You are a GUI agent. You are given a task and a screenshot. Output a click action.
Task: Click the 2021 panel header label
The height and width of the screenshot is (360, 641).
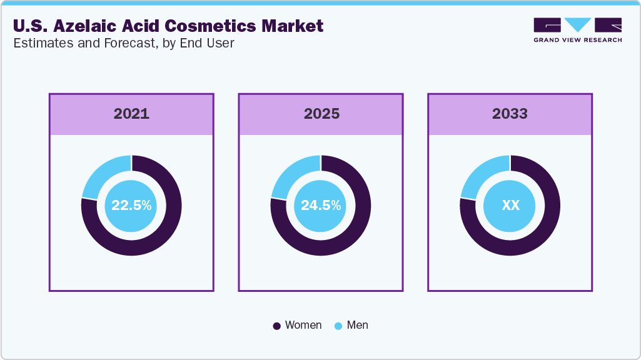point(131,114)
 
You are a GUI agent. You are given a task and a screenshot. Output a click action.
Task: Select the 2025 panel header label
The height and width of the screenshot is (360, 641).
point(321,114)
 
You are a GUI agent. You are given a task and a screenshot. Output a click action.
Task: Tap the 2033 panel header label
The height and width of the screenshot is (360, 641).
point(510,114)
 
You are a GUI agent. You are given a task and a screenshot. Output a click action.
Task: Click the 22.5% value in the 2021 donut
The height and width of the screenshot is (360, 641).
point(131,205)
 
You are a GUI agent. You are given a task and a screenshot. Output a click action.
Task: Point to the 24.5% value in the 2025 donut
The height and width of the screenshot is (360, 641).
point(321,205)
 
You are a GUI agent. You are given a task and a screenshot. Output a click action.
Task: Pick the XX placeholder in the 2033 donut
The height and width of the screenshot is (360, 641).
point(510,205)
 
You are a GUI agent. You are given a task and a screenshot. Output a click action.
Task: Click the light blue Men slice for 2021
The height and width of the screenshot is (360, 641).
point(103,176)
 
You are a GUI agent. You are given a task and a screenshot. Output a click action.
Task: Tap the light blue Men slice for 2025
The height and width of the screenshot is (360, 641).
point(291,176)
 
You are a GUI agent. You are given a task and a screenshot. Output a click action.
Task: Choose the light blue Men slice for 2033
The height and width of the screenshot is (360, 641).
point(481,176)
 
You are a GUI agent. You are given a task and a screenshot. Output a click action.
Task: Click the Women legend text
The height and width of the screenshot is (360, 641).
point(303,325)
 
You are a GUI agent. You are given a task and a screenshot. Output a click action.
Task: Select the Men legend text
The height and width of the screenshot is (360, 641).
point(358,325)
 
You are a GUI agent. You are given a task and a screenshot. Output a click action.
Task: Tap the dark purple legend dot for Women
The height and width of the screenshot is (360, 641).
point(276,326)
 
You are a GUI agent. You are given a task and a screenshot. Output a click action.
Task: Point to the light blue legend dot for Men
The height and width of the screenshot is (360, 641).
point(339,326)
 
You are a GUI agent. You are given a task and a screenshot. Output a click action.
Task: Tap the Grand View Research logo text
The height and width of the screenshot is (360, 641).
point(577,40)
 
